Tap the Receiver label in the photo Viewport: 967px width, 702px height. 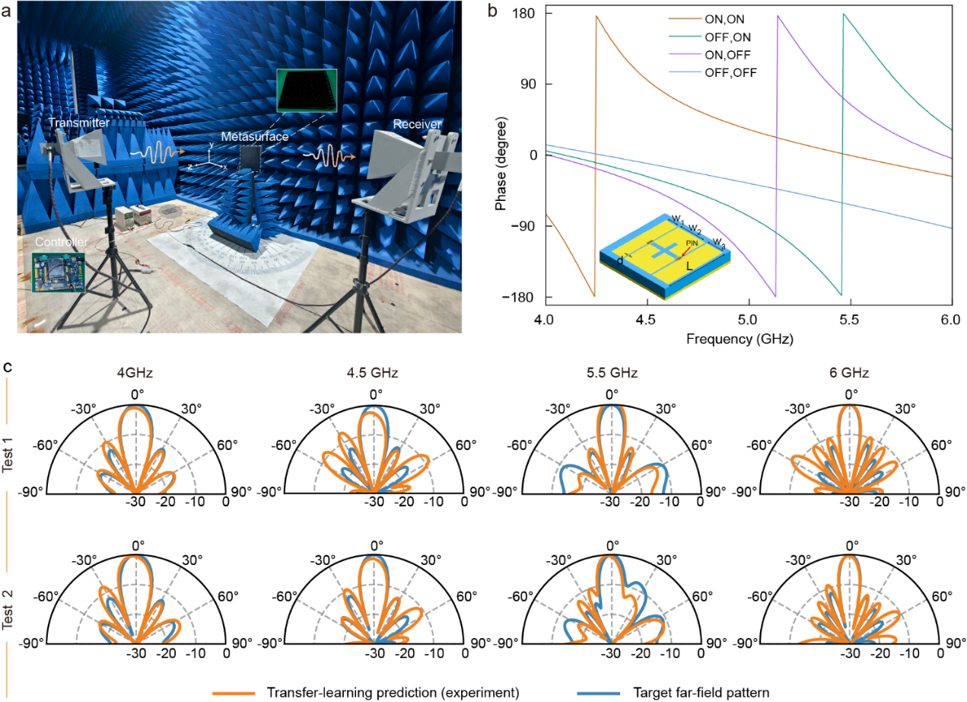pos(417,123)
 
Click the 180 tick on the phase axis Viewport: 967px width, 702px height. pos(524,14)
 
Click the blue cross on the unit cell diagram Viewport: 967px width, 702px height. pos(664,250)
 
